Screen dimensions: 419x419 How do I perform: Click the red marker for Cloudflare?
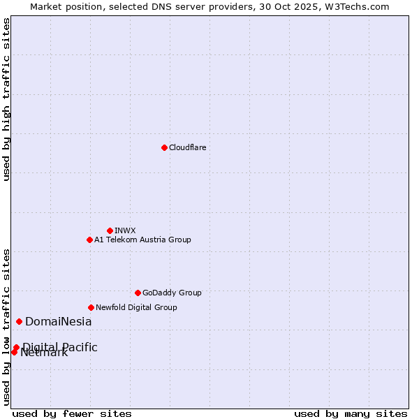(x=164, y=147)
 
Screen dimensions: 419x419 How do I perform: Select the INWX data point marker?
(x=110, y=230)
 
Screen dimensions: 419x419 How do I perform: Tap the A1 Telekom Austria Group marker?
(x=89, y=240)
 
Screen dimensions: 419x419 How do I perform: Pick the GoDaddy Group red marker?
(x=138, y=293)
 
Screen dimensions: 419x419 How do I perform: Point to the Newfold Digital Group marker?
(x=91, y=307)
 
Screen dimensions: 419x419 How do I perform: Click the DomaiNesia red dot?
(x=19, y=321)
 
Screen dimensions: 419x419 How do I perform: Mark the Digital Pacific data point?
(x=16, y=347)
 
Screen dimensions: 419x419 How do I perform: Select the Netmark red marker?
(x=14, y=352)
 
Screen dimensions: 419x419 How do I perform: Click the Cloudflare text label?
(x=187, y=147)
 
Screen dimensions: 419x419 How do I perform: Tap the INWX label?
(x=125, y=230)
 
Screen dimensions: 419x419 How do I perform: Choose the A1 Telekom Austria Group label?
(x=142, y=240)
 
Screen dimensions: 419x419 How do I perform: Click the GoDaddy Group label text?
(x=172, y=293)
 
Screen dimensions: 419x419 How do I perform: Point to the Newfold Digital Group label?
(x=136, y=307)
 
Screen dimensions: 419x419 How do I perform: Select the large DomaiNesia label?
(x=58, y=322)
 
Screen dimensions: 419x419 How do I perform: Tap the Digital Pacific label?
(x=60, y=347)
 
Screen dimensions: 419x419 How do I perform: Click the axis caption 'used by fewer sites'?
(x=72, y=413)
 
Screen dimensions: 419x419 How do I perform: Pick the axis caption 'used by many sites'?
(x=351, y=413)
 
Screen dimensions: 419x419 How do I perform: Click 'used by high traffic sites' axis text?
(x=6, y=99)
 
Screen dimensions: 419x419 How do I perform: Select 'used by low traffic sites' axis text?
(x=6, y=326)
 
